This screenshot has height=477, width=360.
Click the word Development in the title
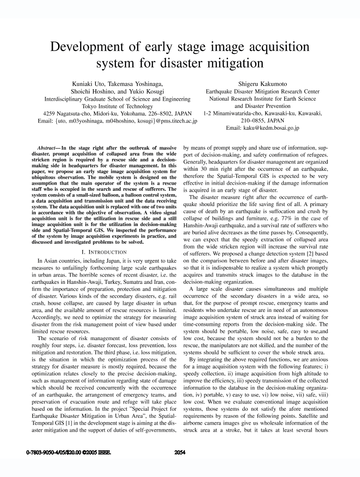87,48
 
